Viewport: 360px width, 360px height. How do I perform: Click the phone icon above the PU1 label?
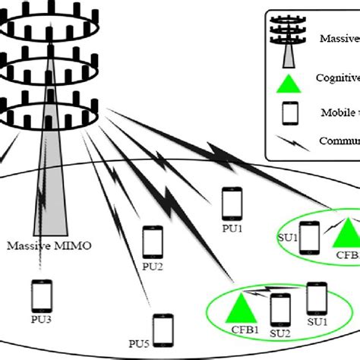click(x=233, y=204)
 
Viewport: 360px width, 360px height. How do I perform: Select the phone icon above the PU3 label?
click(x=42, y=295)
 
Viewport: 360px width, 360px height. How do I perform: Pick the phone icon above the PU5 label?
click(x=162, y=328)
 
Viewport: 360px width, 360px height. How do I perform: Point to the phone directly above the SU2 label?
click(x=281, y=310)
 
